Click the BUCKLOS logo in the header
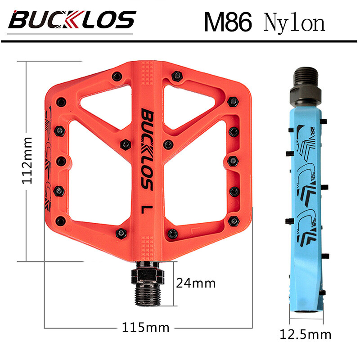click(72, 20)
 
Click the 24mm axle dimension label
click(195, 283)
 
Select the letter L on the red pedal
click(145, 209)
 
